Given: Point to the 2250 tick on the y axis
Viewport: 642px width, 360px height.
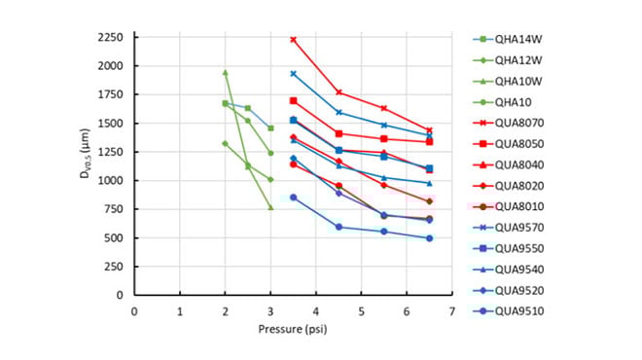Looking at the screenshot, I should click(108, 38).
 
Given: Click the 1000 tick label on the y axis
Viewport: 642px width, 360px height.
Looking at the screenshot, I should click(108, 181).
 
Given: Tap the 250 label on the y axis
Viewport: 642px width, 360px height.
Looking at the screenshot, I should click(112, 267).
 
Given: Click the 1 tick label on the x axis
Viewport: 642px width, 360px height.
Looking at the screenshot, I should click(180, 311).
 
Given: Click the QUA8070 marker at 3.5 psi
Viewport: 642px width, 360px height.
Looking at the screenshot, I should click(293, 40).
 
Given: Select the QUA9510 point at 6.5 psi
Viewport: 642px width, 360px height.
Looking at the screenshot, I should click(429, 238).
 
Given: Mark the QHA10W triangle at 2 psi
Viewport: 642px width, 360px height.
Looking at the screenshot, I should click(225, 72).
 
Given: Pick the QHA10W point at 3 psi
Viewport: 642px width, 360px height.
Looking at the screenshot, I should click(270, 207).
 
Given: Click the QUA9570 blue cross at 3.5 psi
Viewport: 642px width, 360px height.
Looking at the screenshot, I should click(293, 74).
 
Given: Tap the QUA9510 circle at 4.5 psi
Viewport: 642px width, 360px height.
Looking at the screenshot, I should click(339, 227).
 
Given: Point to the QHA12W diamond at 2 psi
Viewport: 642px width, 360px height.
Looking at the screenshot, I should click(225, 143).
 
